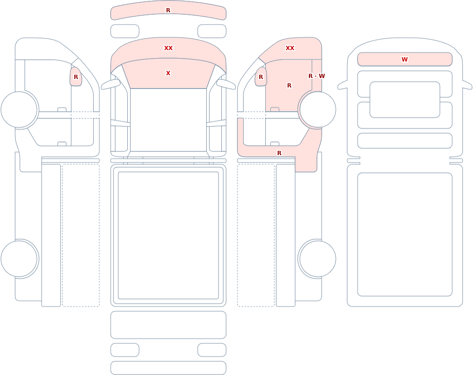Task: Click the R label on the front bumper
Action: [x=168, y=10]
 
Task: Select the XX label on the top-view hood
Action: [x=168, y=48]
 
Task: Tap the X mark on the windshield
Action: [x=168, y=73]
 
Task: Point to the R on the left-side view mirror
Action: [x=76, y=77]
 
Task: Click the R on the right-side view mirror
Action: [x=261, y=77]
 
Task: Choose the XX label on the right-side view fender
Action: [x=290, y=48]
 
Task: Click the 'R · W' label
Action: [x=316, y=76]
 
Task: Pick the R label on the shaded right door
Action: [x=289, y=86]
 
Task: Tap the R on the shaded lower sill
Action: [x=279, y=153]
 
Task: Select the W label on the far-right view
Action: [x=404, y=60]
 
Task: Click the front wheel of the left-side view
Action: [x=19, y=110]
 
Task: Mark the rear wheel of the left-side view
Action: [x=19, y=259]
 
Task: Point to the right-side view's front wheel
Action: [x=317, y=110]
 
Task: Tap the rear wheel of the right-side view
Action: [x=317, y=259]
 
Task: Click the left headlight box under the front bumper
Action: [x=125, y=31]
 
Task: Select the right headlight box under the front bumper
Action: [x=212, y=31]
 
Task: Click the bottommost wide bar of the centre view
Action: [x=168, y=368]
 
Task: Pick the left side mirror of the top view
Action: [x=110, y=84]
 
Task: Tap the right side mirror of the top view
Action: [x=226, y=84]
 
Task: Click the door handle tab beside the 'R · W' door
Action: [x=274, y=109]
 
